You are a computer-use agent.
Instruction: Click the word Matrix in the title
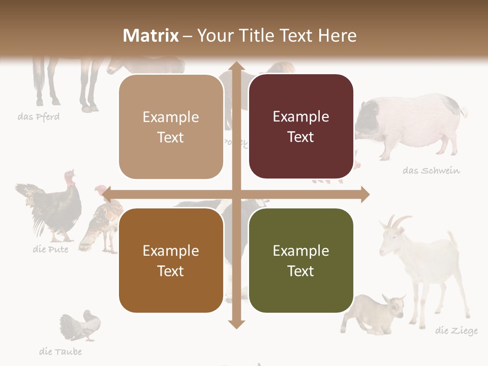tap(151, 36)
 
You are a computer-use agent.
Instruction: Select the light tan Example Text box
tap(171, 127)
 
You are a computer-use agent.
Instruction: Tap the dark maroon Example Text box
tap(301, 127)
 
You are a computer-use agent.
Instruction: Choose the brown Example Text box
tap(171, 260)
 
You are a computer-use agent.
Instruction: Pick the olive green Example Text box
tap(301, 260)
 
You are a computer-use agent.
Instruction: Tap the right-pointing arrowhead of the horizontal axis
tap(364, 195)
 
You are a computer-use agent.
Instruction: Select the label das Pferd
tap(39, 117)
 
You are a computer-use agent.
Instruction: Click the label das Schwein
tap(431, 171)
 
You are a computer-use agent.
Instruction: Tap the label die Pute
tap(50, 250)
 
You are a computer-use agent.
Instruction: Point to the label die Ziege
tap(456, 331)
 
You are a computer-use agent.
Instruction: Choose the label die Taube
tap(60, 352)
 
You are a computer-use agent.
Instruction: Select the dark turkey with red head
tap(51, 206)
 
